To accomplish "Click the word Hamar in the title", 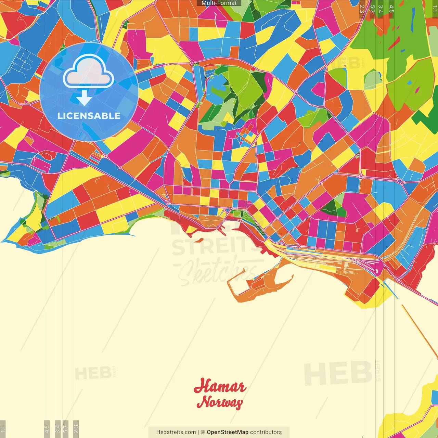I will (x=220, y=386).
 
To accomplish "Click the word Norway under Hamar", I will (x=220, y=402).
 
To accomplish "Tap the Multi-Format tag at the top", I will (x=219, y=3).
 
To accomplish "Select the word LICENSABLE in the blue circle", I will (x=89, y=116).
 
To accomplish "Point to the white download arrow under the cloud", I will (x=84, y=99).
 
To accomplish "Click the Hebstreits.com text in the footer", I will (x=176, y=432).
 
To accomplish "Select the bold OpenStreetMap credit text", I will (x=228, y=432).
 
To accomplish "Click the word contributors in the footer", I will (x=266, y=432).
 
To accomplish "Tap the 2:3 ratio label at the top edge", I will (x=362, y=9).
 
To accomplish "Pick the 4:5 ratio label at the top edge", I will (x=391, y=9).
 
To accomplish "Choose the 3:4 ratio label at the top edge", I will (x=381, y=9).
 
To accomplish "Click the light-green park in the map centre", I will (x=245, y=86).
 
